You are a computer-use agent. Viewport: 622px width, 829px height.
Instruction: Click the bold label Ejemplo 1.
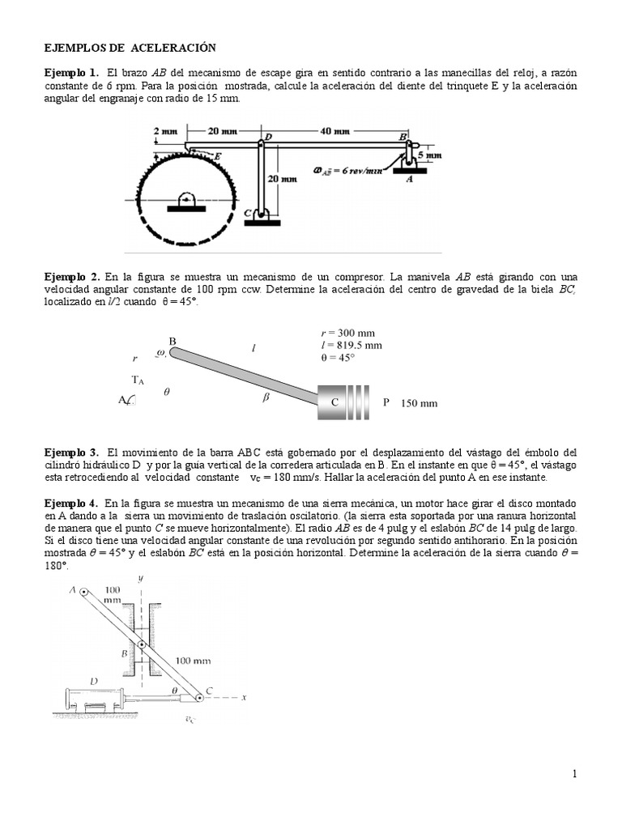tap(71, 73)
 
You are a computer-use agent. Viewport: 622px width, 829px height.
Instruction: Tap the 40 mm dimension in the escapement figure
tap(334, 130)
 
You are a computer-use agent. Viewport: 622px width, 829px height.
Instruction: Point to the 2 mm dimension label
tap(165, 130)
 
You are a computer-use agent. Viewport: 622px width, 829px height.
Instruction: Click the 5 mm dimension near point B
tap(432, 155)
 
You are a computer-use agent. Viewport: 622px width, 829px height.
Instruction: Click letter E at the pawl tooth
tap(217, 155)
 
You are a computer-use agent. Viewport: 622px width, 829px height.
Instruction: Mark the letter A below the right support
tap(408, 181)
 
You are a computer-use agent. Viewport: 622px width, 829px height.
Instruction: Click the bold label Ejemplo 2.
tap(71, 276)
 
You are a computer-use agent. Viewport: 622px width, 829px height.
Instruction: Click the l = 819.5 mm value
tap(352, 345)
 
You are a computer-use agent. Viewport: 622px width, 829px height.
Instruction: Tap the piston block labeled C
tap(333, 402)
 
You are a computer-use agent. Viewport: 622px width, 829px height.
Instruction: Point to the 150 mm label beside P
tap(419, 402)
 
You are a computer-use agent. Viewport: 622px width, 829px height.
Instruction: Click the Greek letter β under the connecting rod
tap(266, 397)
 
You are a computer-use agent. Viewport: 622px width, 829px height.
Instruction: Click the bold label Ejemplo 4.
tap(71, 503)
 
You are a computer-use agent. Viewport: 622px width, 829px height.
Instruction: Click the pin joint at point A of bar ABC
tap(83, 593)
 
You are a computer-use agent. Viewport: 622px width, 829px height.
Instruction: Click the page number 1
tap(574, 774)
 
